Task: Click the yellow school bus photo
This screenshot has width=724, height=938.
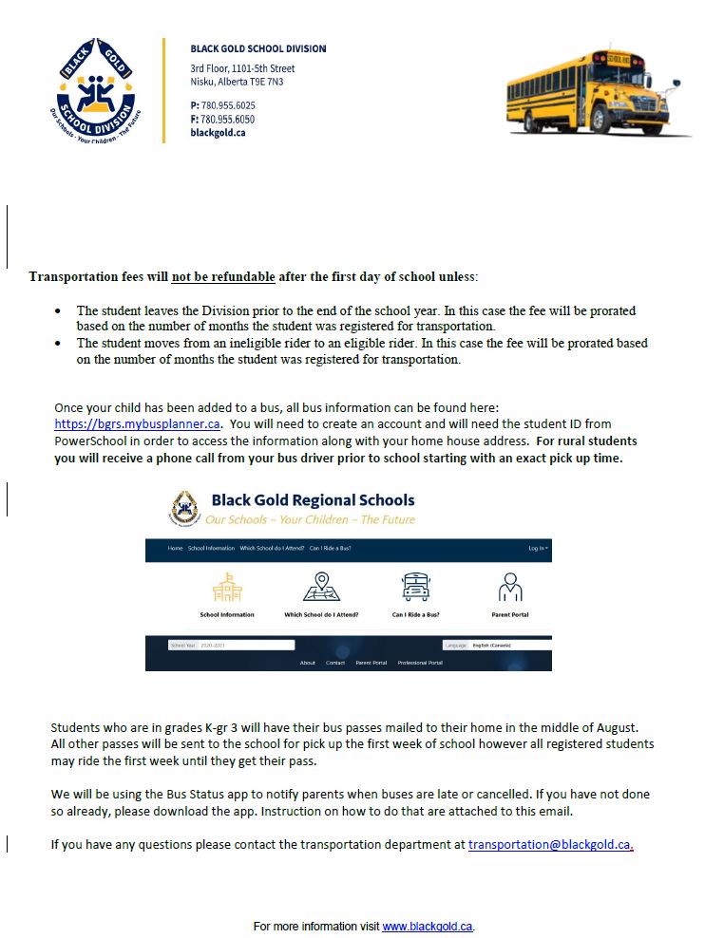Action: pyautogui.click(x=597, y=91)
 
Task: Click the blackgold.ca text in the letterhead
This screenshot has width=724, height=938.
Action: pyautogui.click(x=218, y=133)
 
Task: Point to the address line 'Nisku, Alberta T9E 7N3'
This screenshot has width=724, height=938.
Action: pyautogui.click(x=237, y=82)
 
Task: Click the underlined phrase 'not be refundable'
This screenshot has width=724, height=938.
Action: pyautogui.click(x=223, y=277)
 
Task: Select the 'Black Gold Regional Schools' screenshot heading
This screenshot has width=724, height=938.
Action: pyautogui.click(x=313, y=500)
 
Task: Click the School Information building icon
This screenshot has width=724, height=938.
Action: pyautogui.click(x=227, y=589)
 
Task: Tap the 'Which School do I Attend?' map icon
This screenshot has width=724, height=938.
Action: pyautogui.click(x=321, y=588)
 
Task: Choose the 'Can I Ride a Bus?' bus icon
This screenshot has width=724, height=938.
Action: pyautogui.click(x=415, y=588)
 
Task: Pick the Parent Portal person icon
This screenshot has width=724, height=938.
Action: pyautogui.click(x=510, y=588)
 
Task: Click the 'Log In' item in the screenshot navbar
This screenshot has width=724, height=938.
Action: pyautogui.click(x=538, y=549)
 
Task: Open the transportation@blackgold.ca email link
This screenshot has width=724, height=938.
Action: pyautogui.click(x=549, y=844)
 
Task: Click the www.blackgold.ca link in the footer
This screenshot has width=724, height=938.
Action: pyautogui.click(x=427, y=926)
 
